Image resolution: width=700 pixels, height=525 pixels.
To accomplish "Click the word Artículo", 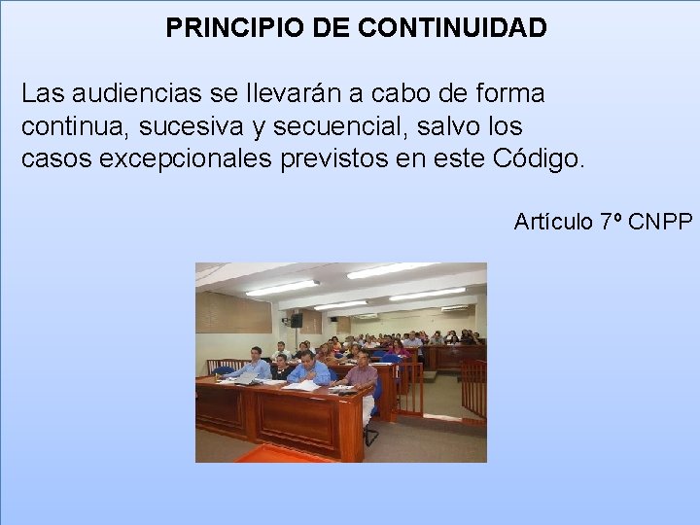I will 553,222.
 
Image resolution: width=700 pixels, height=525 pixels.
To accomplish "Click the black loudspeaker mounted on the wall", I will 296,320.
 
